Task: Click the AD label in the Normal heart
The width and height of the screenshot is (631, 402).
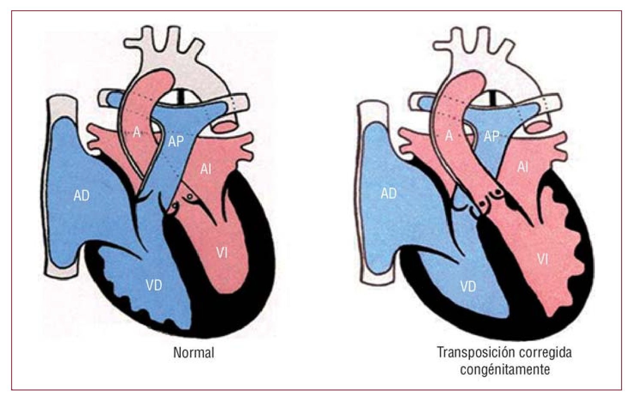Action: point(81,196)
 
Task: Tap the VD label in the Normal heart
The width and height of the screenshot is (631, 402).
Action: point(154,285)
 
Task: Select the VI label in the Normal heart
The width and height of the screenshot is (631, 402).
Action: point(221,253)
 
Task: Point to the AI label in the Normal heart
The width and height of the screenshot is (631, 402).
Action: point(206,169)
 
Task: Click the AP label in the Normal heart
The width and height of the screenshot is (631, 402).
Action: point(176,141)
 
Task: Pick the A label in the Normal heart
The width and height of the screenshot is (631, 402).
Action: point(137,133)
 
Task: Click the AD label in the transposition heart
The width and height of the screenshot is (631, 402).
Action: point(388,194)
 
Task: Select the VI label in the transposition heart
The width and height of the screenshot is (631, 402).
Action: point(543,259)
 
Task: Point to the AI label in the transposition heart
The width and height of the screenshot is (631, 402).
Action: point(522,167)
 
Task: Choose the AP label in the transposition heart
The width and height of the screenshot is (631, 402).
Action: point(491,136)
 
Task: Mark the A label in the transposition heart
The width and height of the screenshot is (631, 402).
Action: point(449,136)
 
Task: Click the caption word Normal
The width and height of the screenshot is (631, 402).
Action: point(194,353)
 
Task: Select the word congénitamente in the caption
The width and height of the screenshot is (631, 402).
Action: point(505,369)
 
